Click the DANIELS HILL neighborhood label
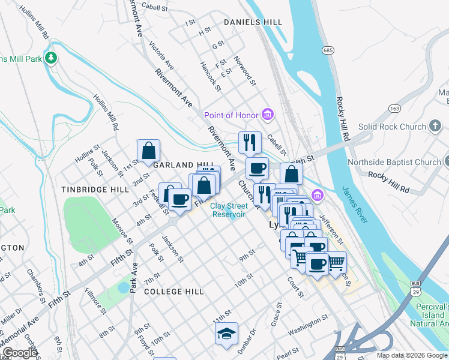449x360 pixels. (x=253, y=22)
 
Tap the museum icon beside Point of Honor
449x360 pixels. (x=268, y=115)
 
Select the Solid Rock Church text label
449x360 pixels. (x=391, y=127)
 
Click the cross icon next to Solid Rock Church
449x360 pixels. (x=436, y=127)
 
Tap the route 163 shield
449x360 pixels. (x=394, y=108)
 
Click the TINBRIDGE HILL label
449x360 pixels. (x=95, y=189)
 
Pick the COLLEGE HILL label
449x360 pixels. (x=174, y=292)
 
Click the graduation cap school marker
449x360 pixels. (x=226, y=335)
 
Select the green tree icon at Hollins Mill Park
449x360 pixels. (x=52, y=58)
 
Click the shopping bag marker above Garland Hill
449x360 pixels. (x=148, y=151)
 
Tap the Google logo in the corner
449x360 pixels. (x=19, y=353)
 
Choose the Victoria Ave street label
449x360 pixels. (x=161, y=56)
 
